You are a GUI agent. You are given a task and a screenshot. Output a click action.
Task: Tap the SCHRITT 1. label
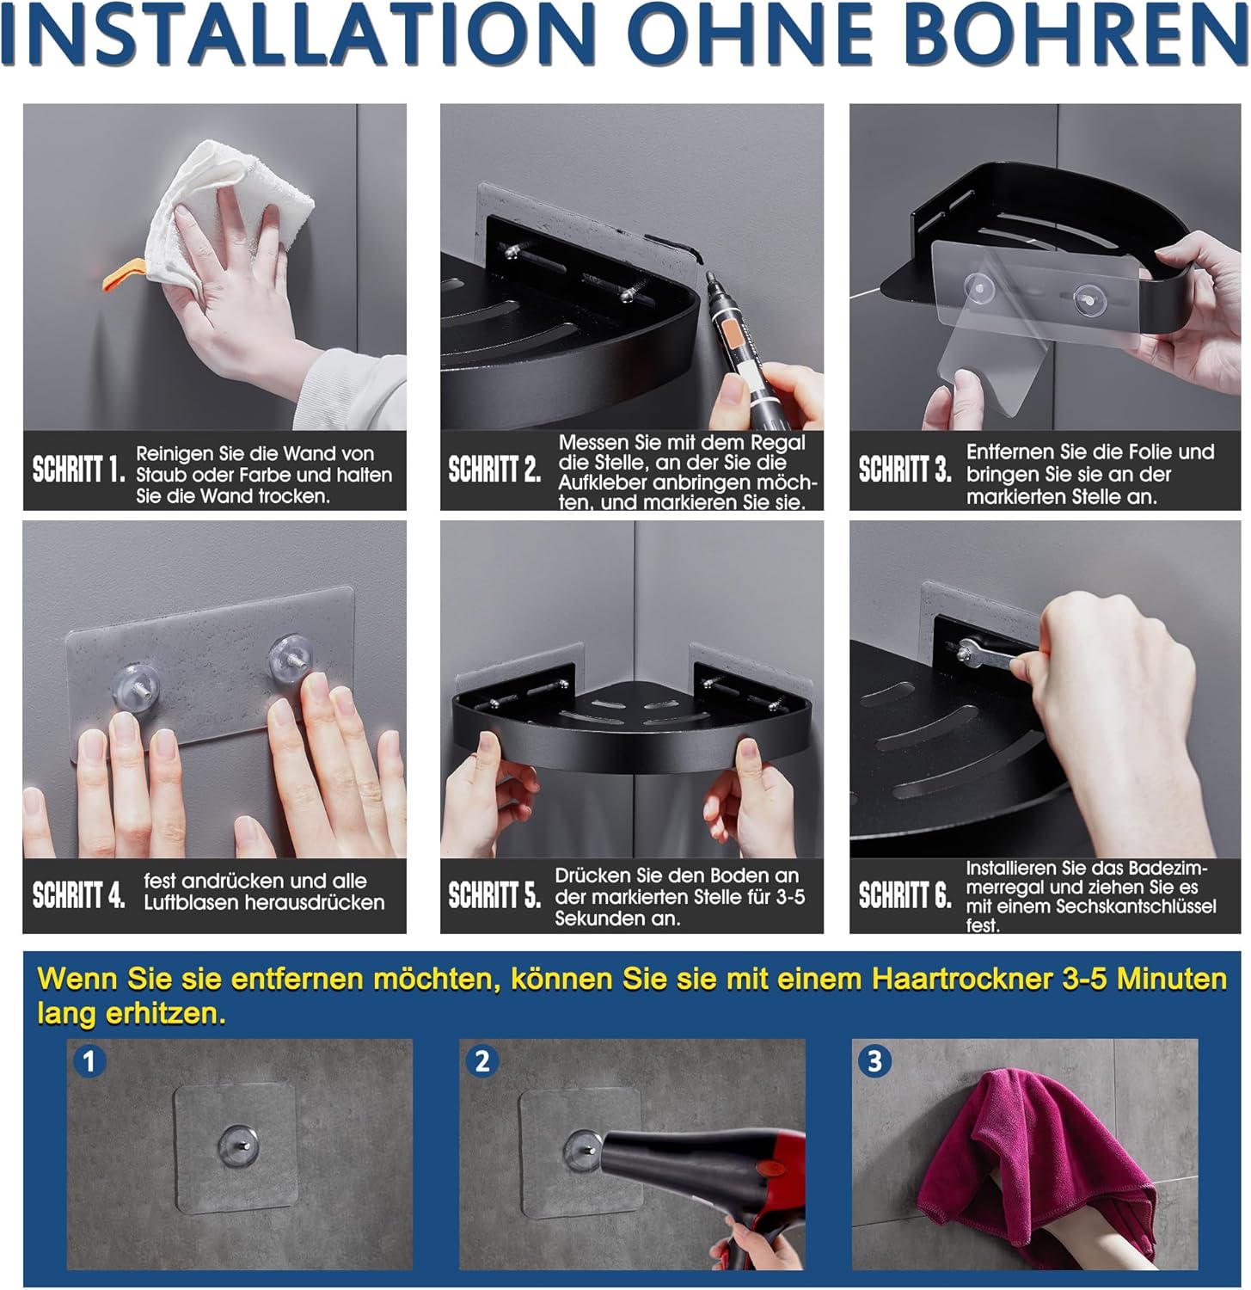pyautogui.click(x=79, y=470)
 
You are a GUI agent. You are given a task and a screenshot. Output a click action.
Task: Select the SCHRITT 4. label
pyautogui.click(x=79, y=895)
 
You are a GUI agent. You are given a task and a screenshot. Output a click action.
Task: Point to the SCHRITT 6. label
pyautogui.click(x=905, y=895)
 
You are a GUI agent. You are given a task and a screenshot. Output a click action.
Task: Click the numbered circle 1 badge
pyautogui.click(x=88, y=1060)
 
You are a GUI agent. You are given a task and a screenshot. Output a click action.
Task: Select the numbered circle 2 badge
pyautogui.click(x=482, y=1060)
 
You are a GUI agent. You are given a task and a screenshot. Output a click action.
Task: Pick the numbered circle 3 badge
pyautogui.click(x=874, y=1060)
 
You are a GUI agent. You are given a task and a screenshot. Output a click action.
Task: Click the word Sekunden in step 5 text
pyautogui.click(x=593, y=918)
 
